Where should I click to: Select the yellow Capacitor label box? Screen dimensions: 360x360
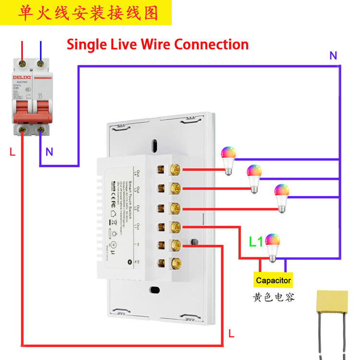point(273,280)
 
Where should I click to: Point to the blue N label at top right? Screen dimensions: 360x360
point(333,56)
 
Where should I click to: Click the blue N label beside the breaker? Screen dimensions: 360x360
point(49,152)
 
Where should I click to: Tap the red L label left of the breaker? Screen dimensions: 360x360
point(12,152)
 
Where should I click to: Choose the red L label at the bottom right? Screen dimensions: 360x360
point(232,333)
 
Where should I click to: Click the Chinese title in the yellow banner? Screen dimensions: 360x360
point(87,12)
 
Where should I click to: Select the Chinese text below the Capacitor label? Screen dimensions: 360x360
point(274,298)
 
